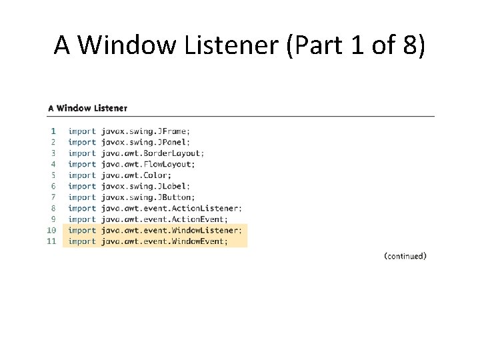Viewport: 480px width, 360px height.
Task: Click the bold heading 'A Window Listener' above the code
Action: [87, 108]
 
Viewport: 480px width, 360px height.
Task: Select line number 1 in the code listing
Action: [53, 131]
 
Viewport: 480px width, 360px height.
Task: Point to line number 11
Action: [51, 241]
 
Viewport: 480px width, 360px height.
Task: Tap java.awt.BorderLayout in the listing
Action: [153, 153]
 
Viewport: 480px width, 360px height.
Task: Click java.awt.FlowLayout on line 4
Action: [148, 164]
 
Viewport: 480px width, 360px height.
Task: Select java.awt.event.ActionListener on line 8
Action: [171, 208]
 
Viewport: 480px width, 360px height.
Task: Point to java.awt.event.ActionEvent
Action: [164, 219]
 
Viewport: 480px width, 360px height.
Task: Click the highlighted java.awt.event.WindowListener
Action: [173, 230]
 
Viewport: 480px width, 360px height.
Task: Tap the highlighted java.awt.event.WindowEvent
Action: [164, 241]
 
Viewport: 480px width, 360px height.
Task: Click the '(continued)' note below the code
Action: [405, 256]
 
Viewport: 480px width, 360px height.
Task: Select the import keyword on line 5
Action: [82, 175]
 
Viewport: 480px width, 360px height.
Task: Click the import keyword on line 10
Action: [82, 230]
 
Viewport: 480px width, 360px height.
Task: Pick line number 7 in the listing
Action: [53, 197]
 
